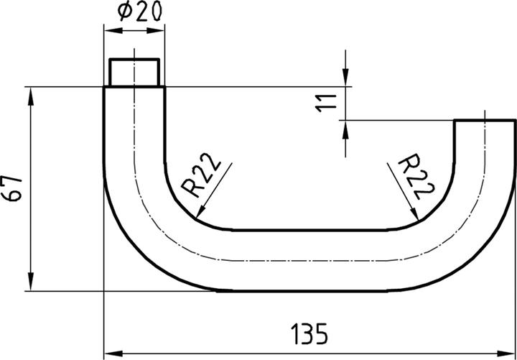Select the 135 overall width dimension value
309,334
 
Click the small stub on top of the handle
134,73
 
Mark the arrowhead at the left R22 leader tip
199,213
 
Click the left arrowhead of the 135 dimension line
111,353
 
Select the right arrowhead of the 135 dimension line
510,353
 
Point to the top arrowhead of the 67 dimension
31,93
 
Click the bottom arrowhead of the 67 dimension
31,285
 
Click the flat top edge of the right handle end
485,121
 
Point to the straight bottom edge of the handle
309,290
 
